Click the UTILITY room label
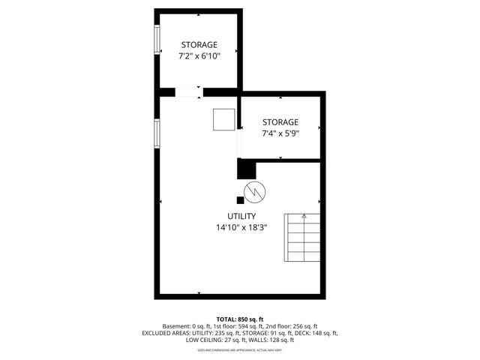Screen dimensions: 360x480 tap(241, 216)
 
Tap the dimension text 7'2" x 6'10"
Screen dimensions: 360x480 tap(199, 56)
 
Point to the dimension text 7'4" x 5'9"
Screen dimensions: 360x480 tap(280, 133)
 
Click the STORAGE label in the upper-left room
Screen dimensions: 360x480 tap(199, 45)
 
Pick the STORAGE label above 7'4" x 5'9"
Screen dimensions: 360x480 tap(280, 122)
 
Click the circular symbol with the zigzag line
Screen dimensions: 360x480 tap(255, 191)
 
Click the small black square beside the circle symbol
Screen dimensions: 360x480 tap(240, 200)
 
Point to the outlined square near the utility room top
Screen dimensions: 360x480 tap(223, 121)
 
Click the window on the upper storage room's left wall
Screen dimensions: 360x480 tap(157, 40)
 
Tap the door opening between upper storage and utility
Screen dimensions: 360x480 tap(188, 91)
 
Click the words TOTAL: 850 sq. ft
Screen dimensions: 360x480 tap(240, 319)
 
